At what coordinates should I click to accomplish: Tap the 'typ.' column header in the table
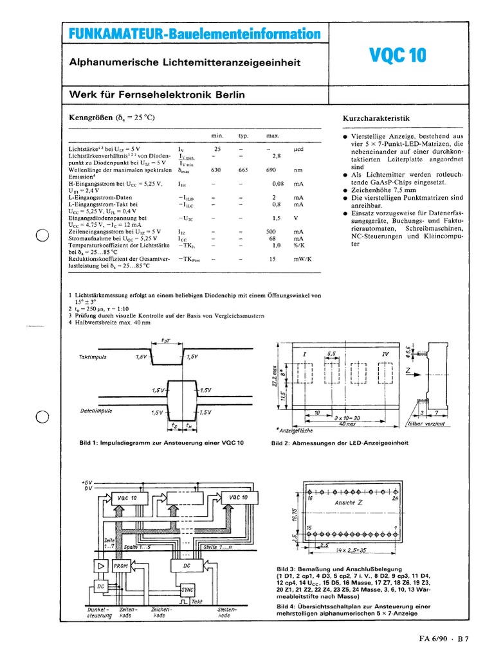click(x=243, y=137)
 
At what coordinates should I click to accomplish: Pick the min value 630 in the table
click(x=217, y=171)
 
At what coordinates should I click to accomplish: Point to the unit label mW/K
click(x=302, y=259)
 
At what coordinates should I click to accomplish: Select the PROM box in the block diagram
click(x=120, y=565)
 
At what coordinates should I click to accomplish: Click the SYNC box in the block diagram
click(x=187, y=589)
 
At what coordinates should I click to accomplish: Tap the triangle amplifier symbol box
click(x=100, y=565)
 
